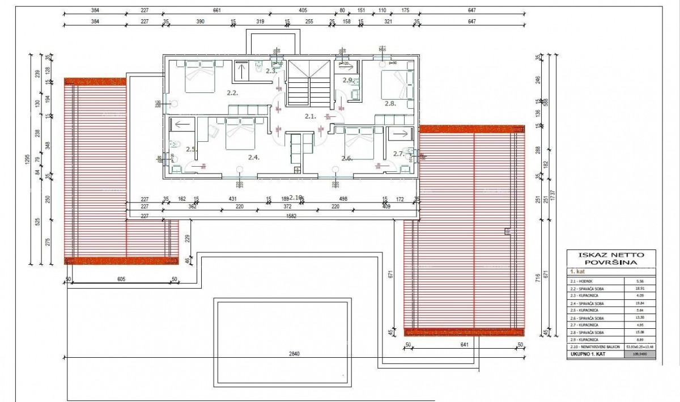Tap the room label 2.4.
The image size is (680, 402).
click(253, 158)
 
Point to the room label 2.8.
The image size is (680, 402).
click(390, 104)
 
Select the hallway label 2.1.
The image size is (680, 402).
click(310, 116)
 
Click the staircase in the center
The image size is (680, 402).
click(309, 83)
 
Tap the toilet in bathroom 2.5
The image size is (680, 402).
click(175, 143)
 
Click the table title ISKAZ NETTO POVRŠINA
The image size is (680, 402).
click(611, 259)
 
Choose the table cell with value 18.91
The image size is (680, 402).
click(640, 289)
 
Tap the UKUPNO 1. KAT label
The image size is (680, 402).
click(590, 354)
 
